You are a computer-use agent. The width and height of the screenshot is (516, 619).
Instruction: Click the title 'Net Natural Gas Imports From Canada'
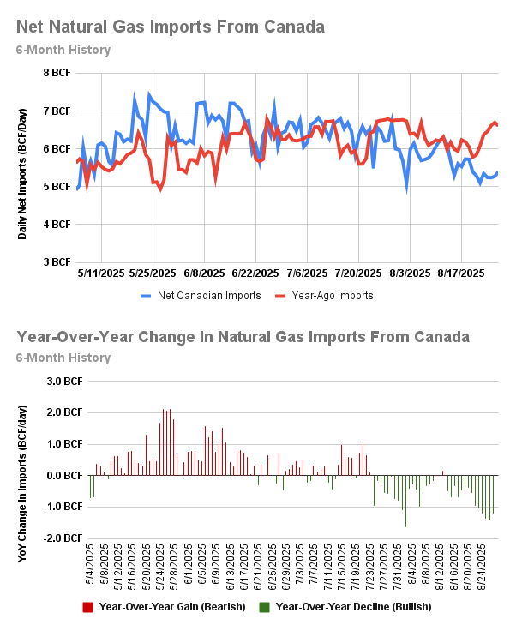[x=170, y=27]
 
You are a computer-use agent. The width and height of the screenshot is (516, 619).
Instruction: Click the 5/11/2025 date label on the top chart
[x=101, y=273]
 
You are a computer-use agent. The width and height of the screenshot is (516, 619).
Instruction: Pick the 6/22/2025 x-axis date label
[x=255, y=273]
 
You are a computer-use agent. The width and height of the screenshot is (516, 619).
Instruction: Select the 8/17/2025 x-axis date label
[x=461, y=273]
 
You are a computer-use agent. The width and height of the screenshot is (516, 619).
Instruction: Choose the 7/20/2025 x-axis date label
[x=358, y=273]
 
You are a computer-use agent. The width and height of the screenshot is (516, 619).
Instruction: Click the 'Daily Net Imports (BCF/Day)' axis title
[x=23, y=167]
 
